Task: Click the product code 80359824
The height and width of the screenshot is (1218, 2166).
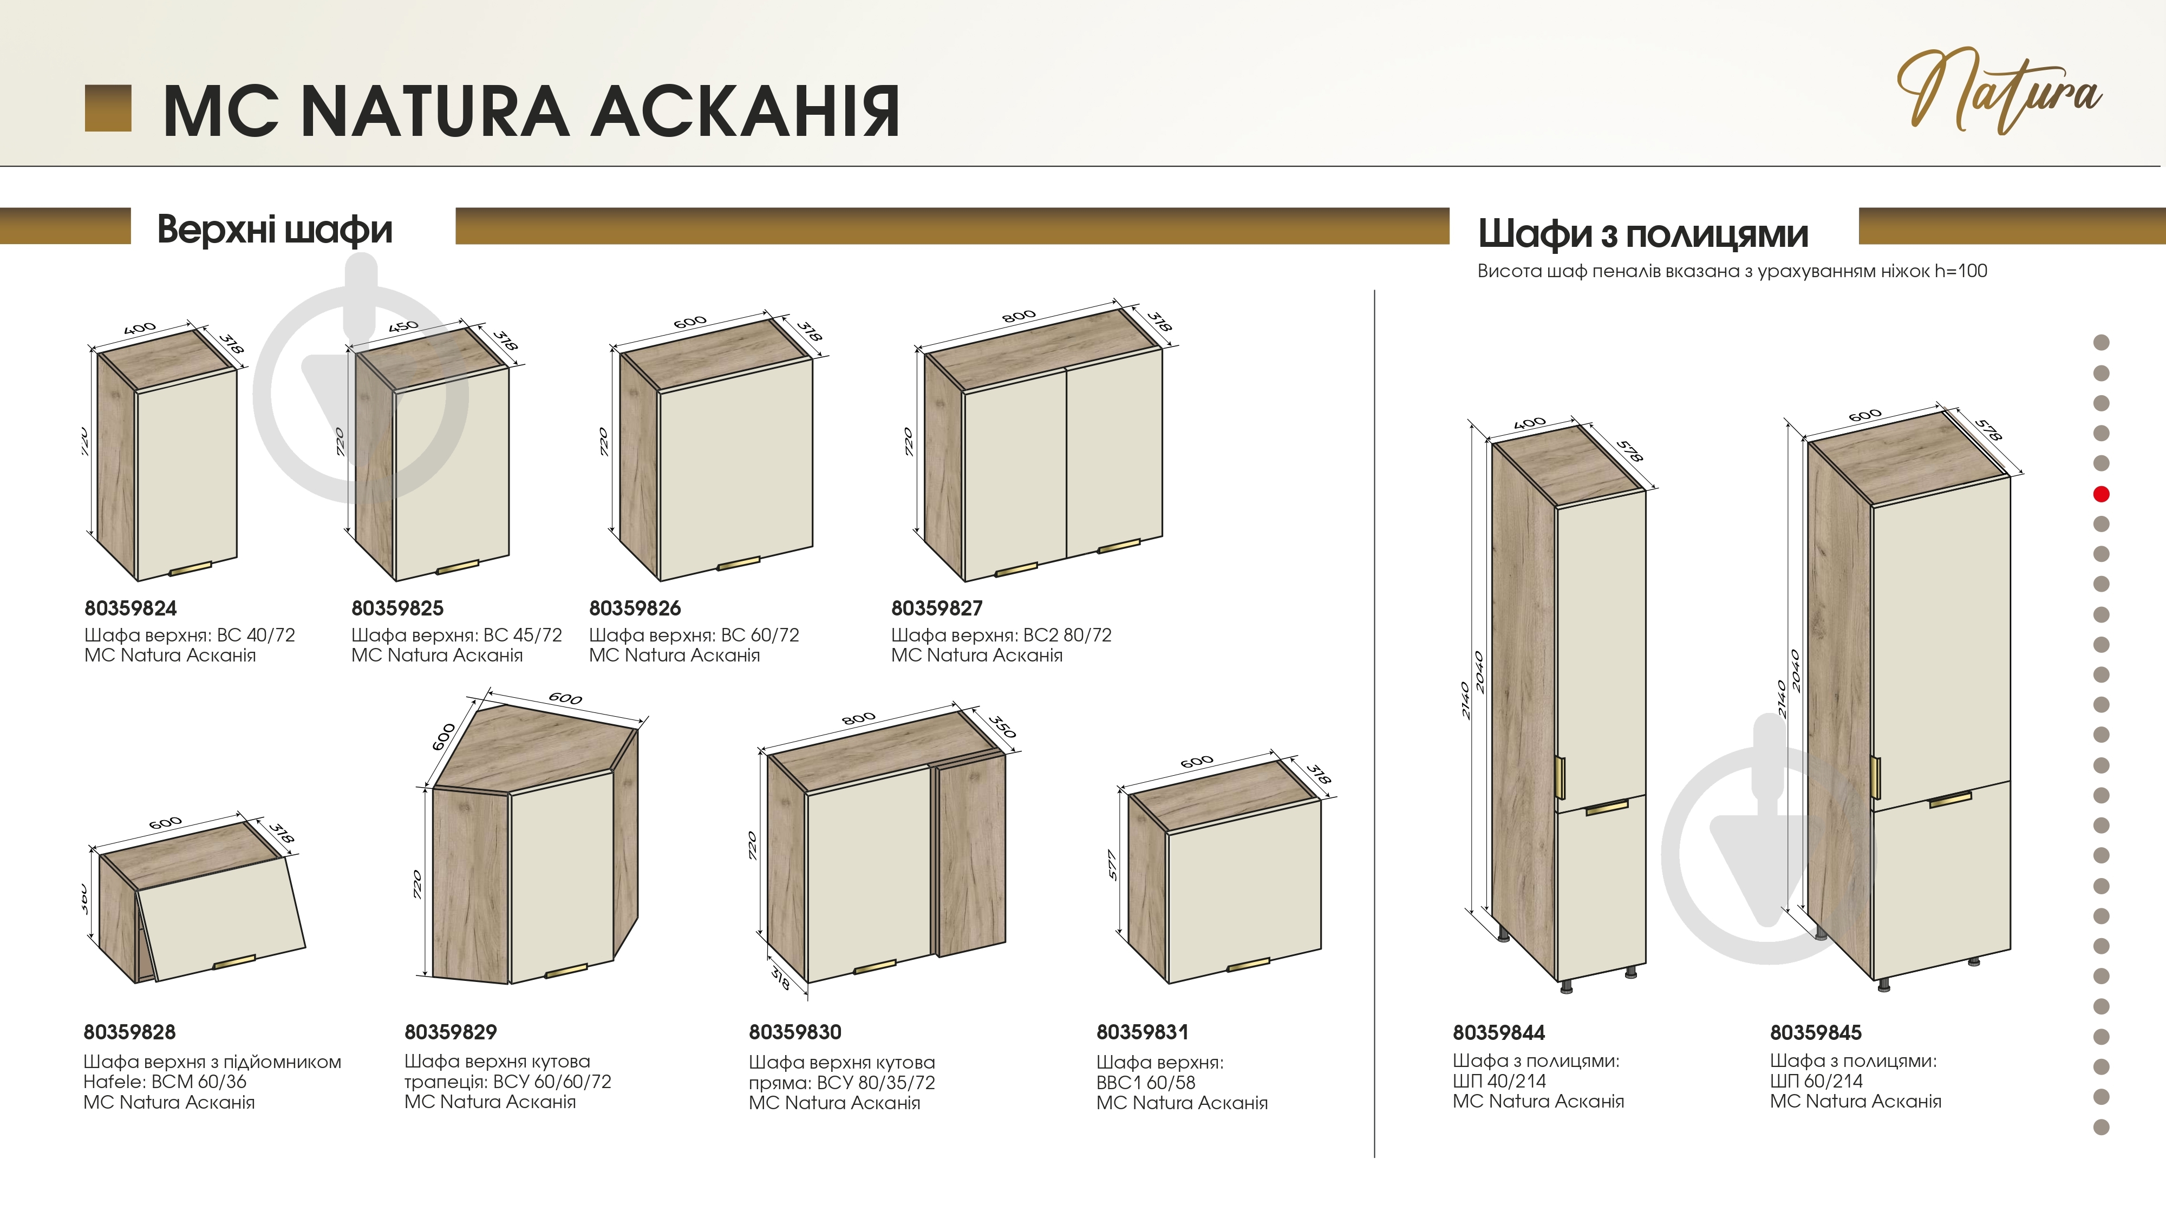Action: click(131, 608)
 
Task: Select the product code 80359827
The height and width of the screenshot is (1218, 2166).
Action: click(937, 608)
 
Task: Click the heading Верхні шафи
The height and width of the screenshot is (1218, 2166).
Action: click(275, 230)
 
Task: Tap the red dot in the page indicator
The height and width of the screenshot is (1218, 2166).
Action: click(2101, 494)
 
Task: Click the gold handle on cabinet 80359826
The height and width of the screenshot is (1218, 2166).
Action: click(738, 563)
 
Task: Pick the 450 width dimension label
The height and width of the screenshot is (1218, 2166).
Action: click(403, 326)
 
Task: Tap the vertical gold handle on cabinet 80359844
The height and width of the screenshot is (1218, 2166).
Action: click(1561, 777)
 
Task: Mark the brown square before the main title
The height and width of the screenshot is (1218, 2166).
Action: click(108, 108)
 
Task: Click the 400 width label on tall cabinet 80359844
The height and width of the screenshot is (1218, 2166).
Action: click(1530, 423)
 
